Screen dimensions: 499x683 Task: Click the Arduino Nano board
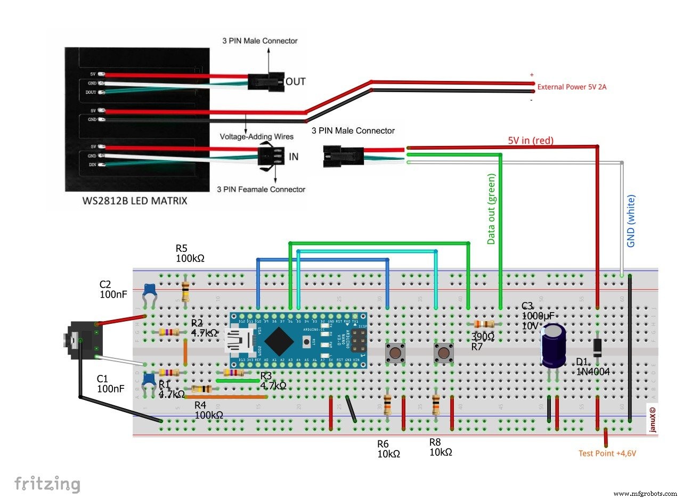[299, 341]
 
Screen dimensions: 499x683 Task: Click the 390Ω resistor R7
[484, 324]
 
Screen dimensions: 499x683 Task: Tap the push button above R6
[395, 353]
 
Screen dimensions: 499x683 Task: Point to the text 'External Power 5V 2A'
[572, 87]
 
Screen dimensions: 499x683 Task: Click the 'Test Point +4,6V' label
[607, 454]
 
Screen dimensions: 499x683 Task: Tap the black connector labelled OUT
[265, 81]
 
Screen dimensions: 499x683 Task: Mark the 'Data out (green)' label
[491, 209]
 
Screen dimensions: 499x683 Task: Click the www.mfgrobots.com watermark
[644, 494]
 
